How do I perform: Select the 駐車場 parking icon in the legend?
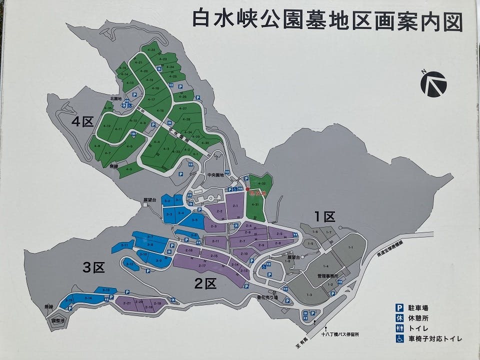pos(399,308)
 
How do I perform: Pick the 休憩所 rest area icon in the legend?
pos(399,318)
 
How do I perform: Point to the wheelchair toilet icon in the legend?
pos(399,338)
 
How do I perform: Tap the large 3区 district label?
pos(93,267)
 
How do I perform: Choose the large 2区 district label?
pos(205,283)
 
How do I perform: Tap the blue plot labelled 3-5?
pos(195,219)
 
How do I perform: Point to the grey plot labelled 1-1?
pos(350,248)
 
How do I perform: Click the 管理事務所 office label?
pos(328,275)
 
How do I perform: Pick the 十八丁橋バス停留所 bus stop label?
pos(341,334)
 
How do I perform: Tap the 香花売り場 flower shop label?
pos(267,297)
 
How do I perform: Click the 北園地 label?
pos(116,99)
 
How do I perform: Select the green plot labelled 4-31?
pos(255,204)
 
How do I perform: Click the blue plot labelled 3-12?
pos(130,263)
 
